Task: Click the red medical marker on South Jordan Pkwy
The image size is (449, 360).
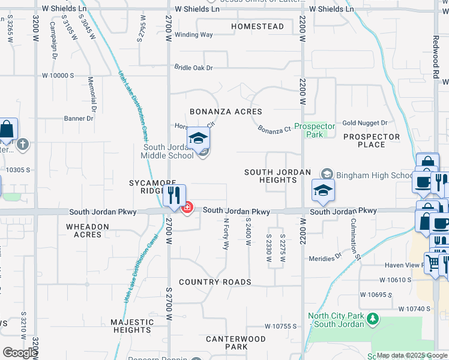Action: point(187,208)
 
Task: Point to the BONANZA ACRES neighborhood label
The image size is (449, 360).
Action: point(226,112)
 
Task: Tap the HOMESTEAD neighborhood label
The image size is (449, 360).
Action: point(258,27)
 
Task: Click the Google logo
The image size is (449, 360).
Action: point(20,353)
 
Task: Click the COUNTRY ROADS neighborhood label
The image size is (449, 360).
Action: point(215,282)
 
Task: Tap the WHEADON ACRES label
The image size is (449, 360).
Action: point(88,230)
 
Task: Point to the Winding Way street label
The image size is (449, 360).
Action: point(194,35)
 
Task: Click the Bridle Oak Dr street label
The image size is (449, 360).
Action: point(194,68)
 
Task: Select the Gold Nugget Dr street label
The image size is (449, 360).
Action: point(365,123)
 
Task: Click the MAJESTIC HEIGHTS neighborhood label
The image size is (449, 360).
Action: point(132,326)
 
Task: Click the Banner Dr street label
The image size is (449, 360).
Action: point(79,118)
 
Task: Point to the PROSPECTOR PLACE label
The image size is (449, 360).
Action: point(372,140)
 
